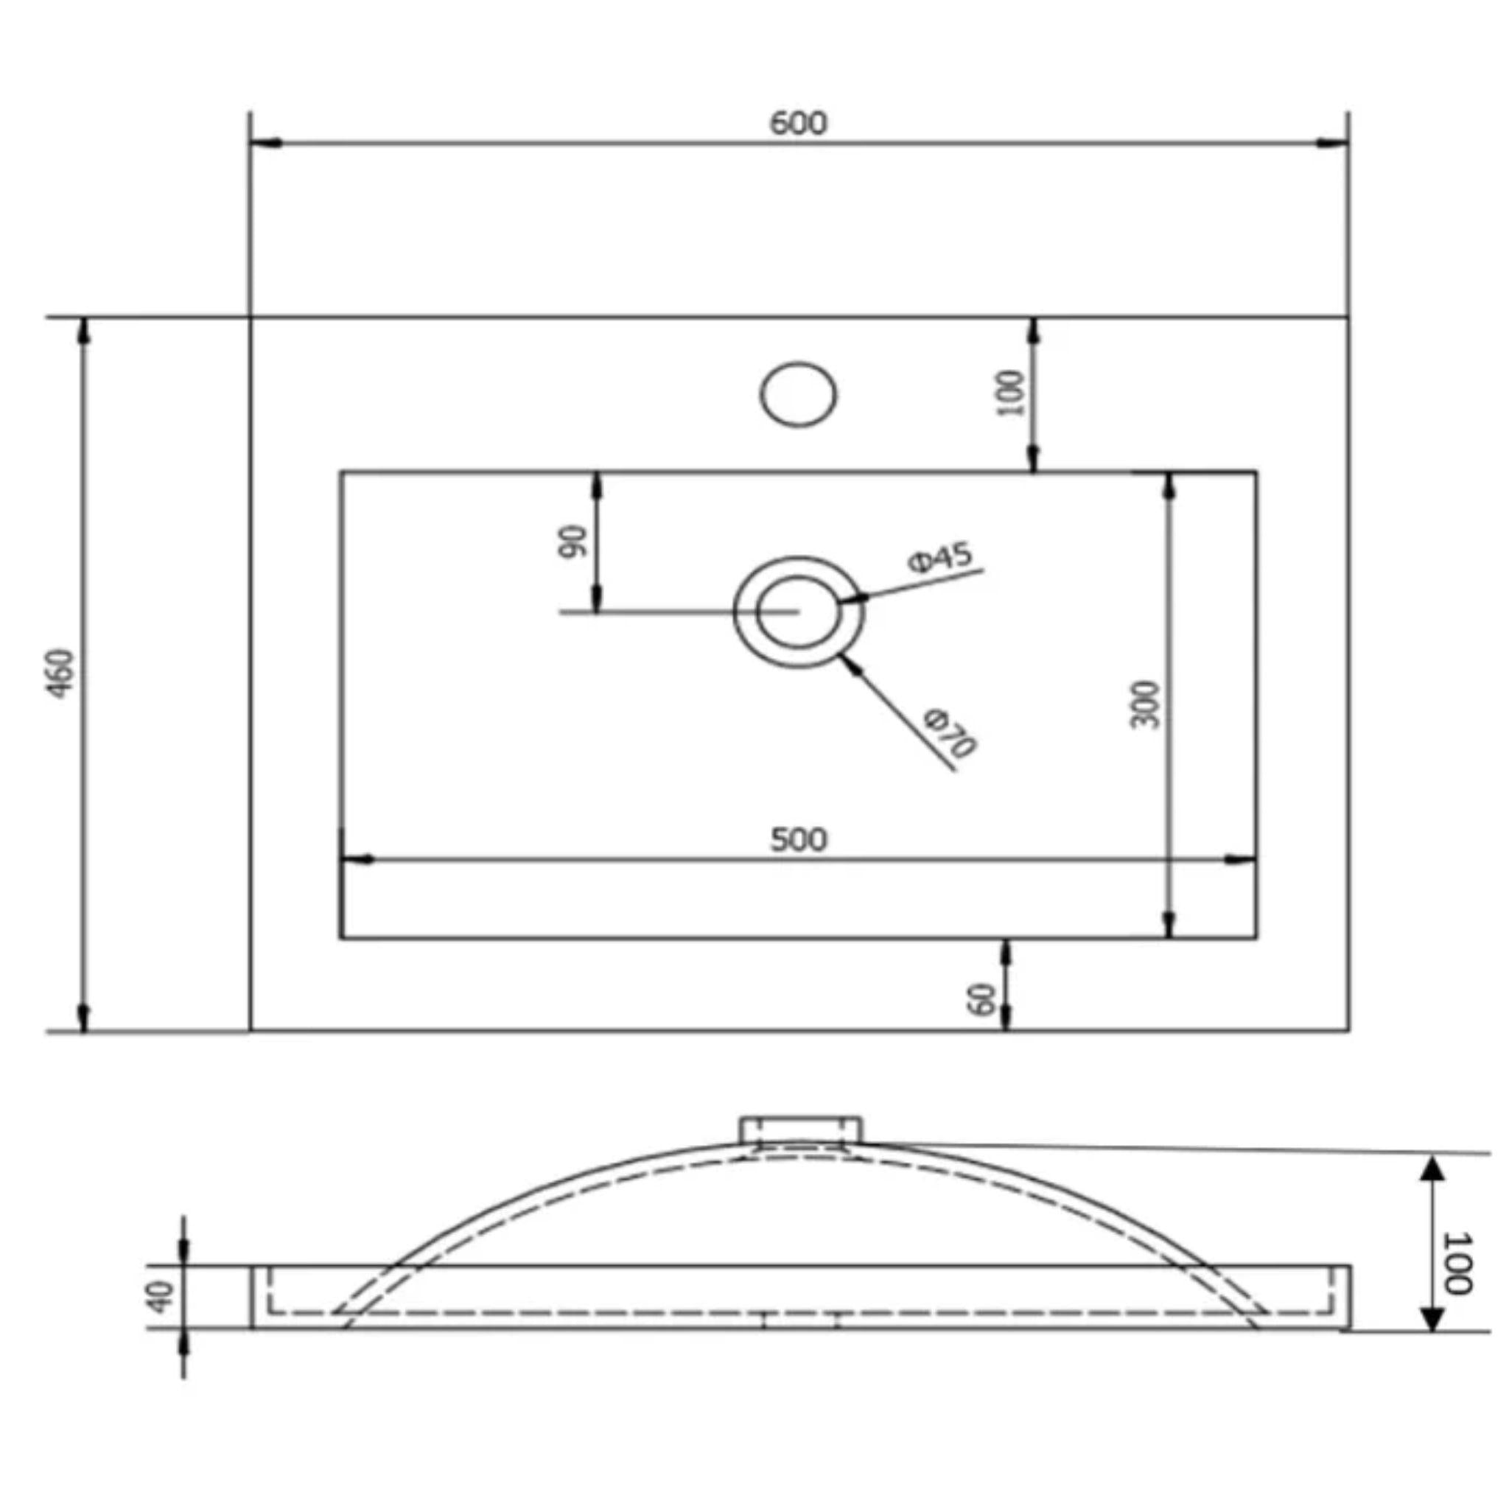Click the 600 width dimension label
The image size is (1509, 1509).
point(797,123)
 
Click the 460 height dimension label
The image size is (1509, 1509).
point(61,673)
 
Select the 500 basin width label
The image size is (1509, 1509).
point(798,840)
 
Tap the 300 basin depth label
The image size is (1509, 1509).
point(1145,704)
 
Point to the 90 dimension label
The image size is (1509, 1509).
point(572,542)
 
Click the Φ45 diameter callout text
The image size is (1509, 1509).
point(940,558)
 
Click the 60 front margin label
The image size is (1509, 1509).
point(981,999)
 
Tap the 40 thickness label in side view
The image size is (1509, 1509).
point(161,1297)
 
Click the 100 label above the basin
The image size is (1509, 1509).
point(1011,393)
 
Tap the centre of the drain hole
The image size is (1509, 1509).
point(798,612)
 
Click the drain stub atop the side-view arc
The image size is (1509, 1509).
point(802,1131)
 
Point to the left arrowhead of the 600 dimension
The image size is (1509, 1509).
point(266,144)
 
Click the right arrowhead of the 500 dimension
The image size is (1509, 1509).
point(1240,860)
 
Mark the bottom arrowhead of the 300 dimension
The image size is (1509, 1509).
point(1169,923)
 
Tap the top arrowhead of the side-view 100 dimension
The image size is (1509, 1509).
point(1432,1170)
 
